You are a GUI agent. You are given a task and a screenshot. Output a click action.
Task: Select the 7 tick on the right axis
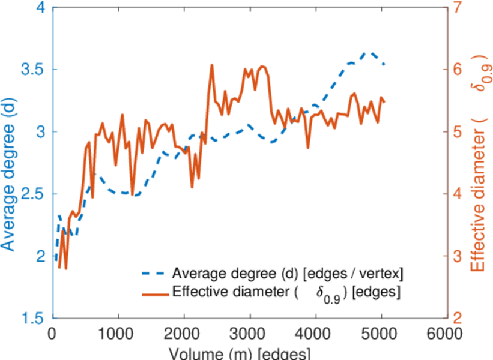click(458, 8)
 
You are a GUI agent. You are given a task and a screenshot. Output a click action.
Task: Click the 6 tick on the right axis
click(458, 70)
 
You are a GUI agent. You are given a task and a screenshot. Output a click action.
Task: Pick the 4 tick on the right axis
click(458, 194)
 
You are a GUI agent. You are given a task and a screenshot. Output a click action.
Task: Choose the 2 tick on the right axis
click(458, 318)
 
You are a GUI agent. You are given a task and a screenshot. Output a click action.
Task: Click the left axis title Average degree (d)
click(8, 162)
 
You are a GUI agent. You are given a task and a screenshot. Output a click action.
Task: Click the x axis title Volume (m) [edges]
click(240, 353)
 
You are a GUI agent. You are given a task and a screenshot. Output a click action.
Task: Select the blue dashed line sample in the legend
click(154, 274)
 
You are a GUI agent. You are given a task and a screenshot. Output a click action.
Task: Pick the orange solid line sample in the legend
click(154, 293)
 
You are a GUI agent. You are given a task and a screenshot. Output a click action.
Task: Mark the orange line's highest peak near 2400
click(211, 65)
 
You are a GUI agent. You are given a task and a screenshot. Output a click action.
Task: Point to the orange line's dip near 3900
click(308, 148)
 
